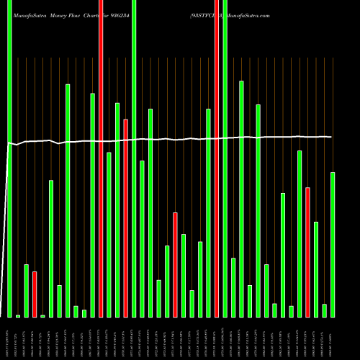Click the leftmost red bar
[35, 294]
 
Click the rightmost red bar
[307, 252]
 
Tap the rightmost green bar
[333, 244]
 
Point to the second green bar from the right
[325, 310]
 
